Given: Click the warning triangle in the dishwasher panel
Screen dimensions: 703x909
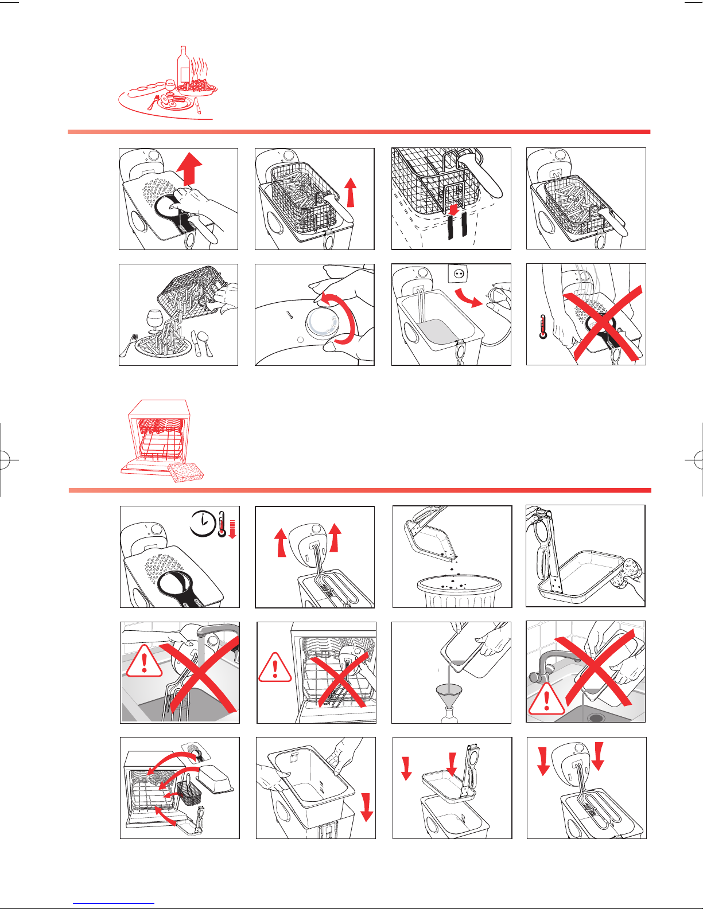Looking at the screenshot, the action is tap(275, 668).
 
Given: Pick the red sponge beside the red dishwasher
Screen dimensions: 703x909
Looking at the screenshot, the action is tap(187, 471).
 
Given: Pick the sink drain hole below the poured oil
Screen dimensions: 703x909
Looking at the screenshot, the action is tap(595, 717).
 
